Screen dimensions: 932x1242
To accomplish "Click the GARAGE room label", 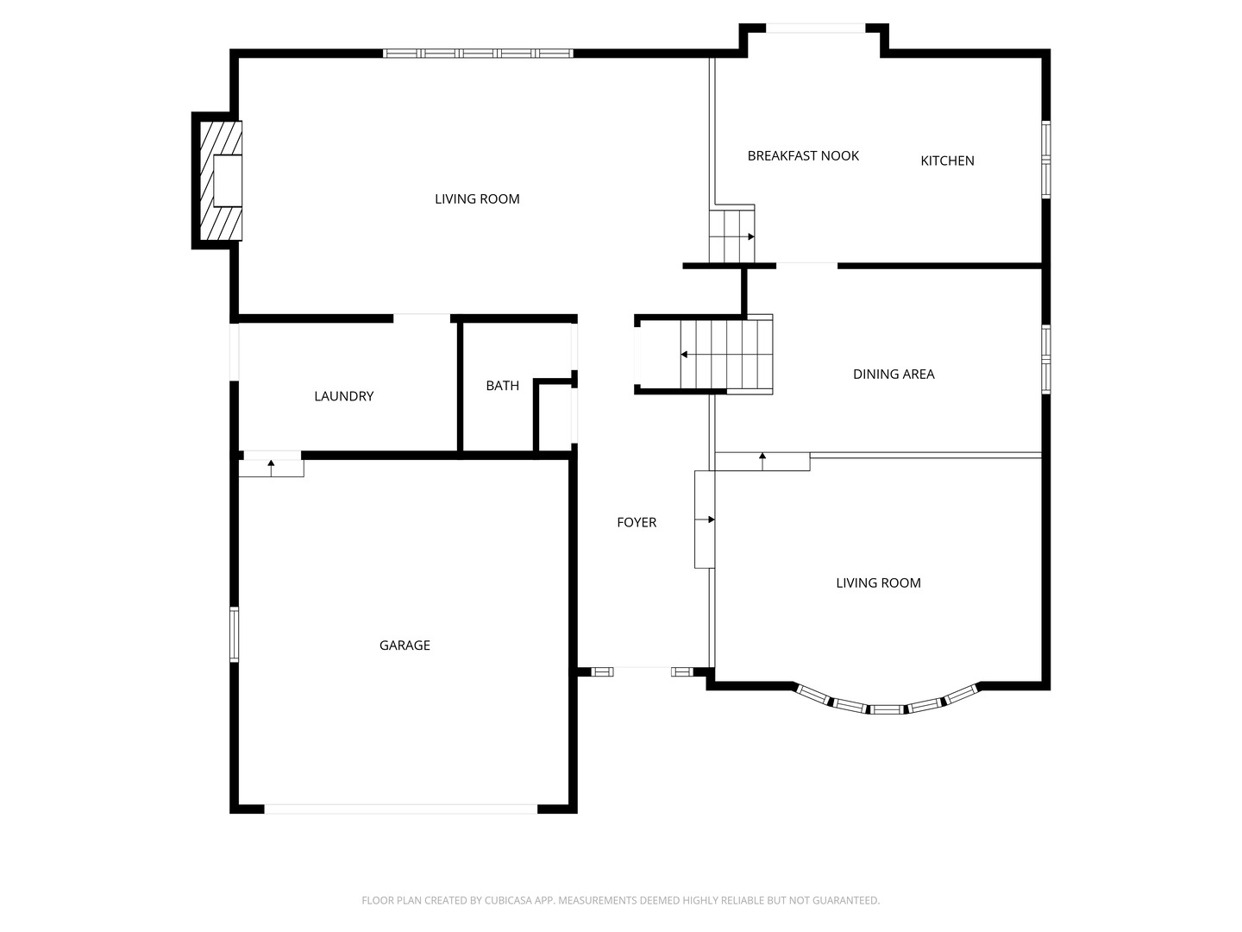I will (x=405, y=645).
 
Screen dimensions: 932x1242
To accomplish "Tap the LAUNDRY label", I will (x=343, y=396).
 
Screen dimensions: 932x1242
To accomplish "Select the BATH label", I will (x=502, y=386).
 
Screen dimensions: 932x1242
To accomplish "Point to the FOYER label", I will (x=637, y=522).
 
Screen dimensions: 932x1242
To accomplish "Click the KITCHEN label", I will (x=947, y=161).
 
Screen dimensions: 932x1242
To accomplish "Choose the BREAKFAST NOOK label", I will (x=803, y=156).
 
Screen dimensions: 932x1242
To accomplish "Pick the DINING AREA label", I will (x=894, y=374).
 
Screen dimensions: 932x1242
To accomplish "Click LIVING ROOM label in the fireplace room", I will (x=477, y=199).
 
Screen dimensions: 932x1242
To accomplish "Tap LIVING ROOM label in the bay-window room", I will (x=878, y=583).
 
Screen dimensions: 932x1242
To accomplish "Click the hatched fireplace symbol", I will (x=221, y=180).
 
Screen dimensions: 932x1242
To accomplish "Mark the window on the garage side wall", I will (x=234, y=634).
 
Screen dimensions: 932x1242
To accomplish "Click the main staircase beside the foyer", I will (x=724, y=355).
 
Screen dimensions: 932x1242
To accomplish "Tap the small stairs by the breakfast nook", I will (x=731, y=236).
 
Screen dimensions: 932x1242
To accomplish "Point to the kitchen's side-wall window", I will (x=1045, y=160).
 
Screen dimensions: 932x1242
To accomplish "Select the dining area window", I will (x=1045, y=359).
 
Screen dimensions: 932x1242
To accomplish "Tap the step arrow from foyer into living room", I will (x=706, y=520).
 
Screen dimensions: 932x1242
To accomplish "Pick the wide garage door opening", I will (x=401, y=809).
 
